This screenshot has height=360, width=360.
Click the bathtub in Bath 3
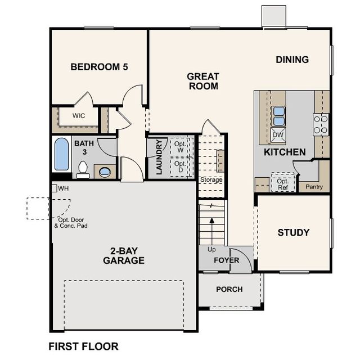(x=61, y=154)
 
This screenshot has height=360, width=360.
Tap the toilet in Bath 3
(x=83, y=170)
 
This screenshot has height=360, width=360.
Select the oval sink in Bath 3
(x=105, y=172)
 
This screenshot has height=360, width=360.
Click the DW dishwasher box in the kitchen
(x=278, y=135)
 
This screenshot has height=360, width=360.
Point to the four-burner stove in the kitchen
(x=321, y=125)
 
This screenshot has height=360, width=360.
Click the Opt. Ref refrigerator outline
(x=283, y=182)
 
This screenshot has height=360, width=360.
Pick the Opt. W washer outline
(x=179, y=147)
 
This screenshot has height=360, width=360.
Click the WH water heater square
(x=54, y=188)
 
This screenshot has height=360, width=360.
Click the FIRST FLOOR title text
(x=84, y=346)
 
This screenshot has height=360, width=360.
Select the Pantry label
(x=314, y=187)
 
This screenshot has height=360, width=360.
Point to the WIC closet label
(x=79, y=115)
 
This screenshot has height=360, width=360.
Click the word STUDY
(x=294, y=232)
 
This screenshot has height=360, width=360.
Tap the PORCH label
(x=229, y=289)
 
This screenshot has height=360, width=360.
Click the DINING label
(x=292, y=60)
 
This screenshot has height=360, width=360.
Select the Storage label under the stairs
(x=211, y=179)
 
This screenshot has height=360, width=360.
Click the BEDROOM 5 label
(x=99, y=67)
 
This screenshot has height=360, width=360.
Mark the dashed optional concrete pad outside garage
(x=38, y=209)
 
